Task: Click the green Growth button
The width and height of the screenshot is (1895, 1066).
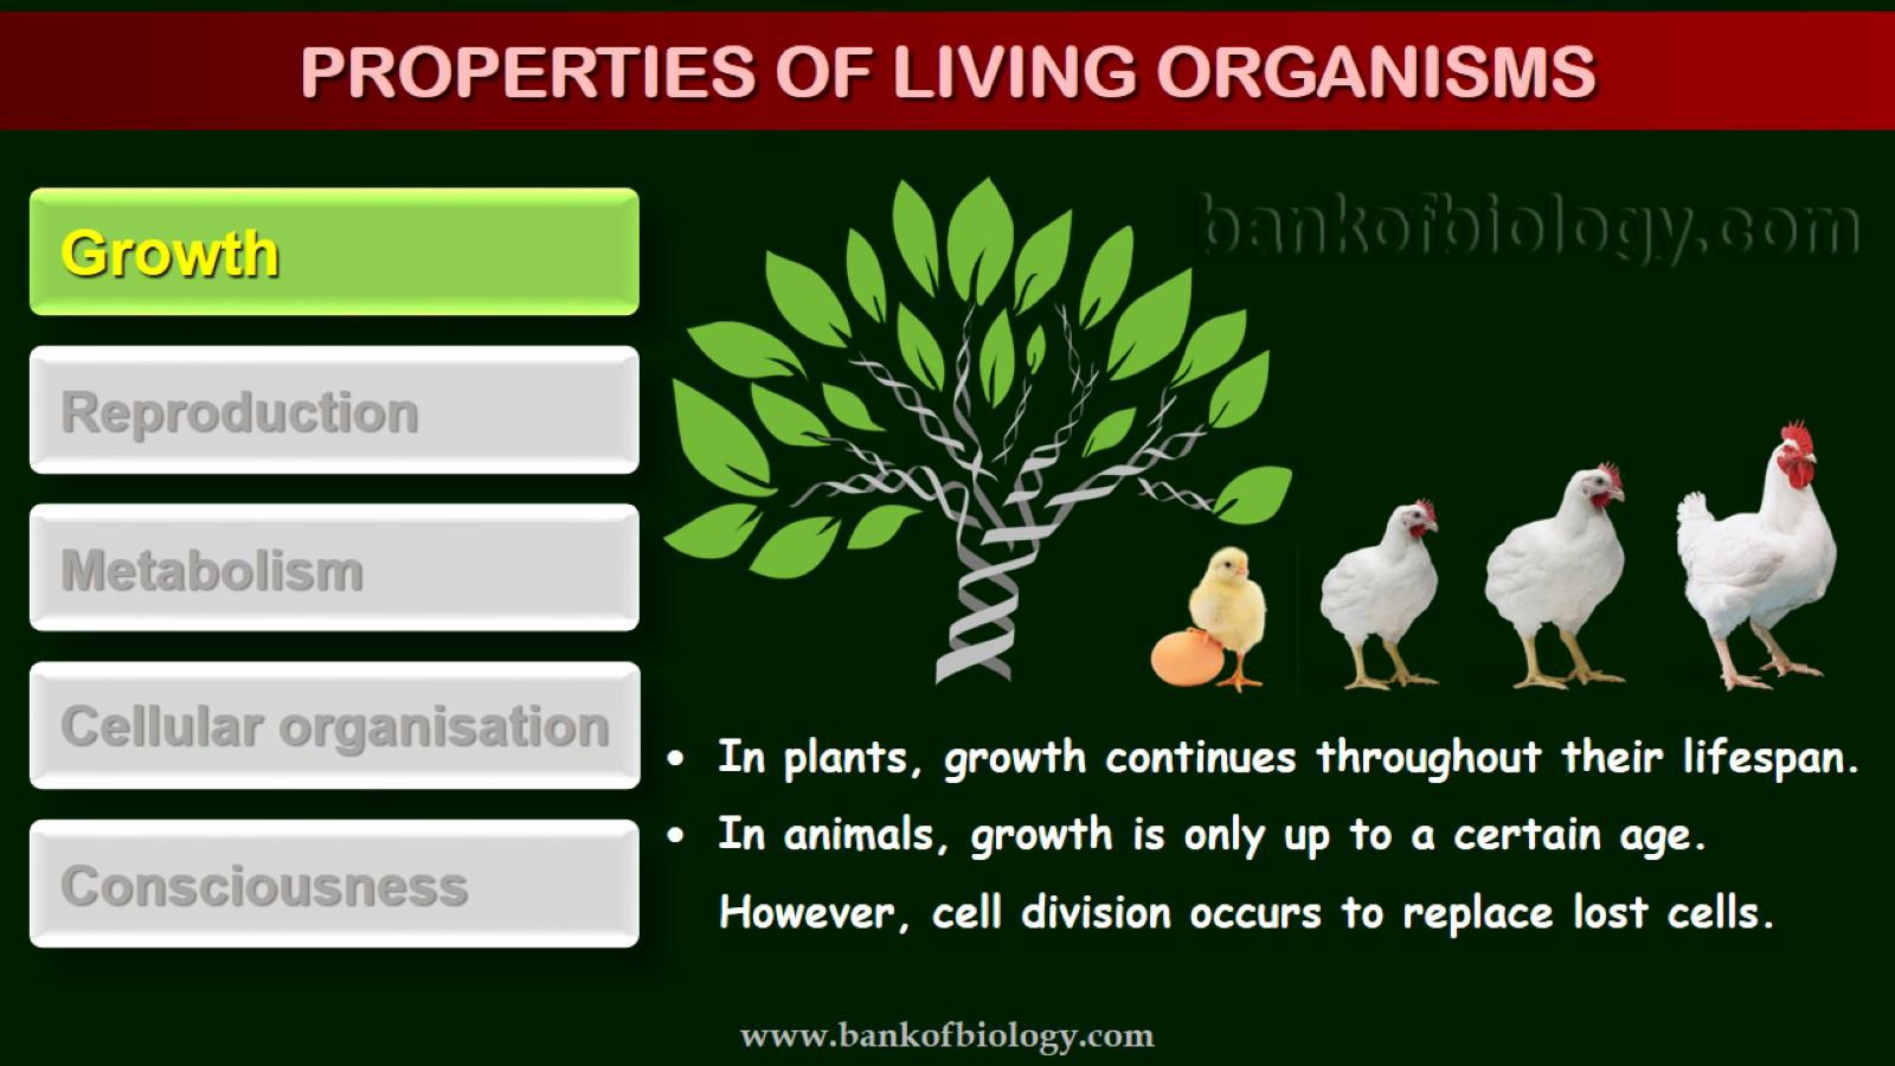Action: click(x=334, y=252)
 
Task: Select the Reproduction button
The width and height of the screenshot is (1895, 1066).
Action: click(x=334, y=410)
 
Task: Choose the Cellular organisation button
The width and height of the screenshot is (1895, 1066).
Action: click(x=334, y=725)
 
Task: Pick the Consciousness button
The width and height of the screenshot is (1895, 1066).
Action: click(x=334, y=884)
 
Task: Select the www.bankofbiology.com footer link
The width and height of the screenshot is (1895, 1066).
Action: click(x=947, y=1036)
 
